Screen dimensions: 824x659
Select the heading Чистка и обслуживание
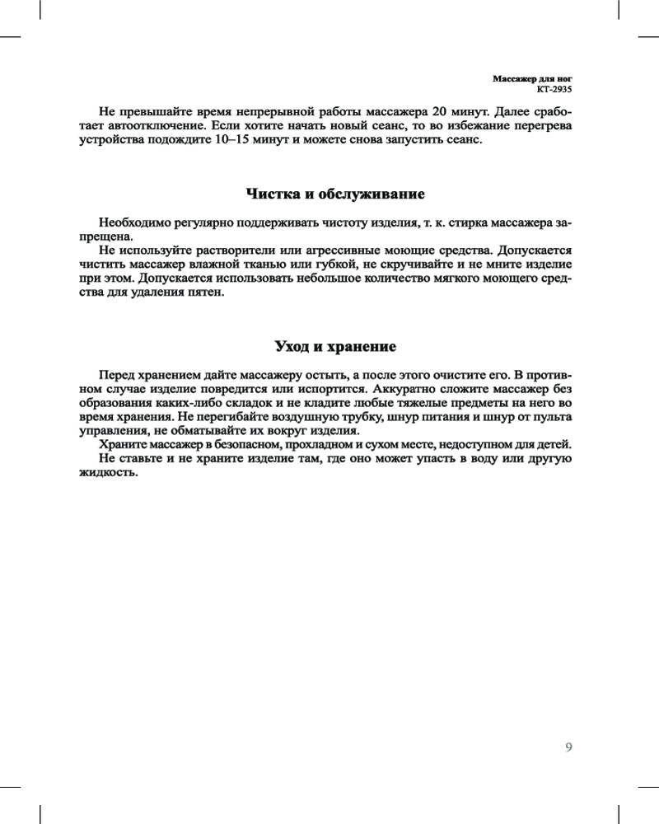click(x=335, y=194)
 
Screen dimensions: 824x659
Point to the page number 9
click(x=568, y=747)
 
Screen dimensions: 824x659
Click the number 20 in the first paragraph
click(x=441, y=110)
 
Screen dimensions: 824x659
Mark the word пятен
click(x=203, y=293)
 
